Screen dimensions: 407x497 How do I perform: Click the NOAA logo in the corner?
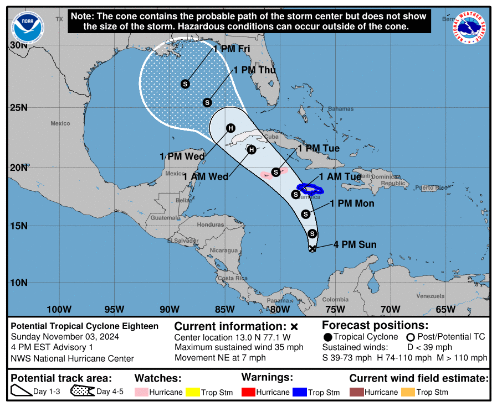(27, 26)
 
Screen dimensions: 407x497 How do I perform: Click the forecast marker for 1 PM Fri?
(185, 84)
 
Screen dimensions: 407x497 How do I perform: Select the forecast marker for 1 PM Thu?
(208, 102)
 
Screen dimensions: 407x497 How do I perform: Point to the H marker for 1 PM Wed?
(230, 128)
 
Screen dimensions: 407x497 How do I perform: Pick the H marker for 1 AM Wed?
(252, 149)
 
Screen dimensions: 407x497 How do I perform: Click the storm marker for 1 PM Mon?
(305, 214)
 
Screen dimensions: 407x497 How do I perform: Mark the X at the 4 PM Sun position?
(312, 249)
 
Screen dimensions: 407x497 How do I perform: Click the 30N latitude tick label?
(18, 45)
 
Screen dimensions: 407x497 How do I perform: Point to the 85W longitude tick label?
(225, 309)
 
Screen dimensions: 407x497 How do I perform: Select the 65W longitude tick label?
(446, 309)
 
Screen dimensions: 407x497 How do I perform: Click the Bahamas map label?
(340, 109)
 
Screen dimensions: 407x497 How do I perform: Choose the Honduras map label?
(210, 225)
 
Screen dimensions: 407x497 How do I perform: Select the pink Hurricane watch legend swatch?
(141, 392)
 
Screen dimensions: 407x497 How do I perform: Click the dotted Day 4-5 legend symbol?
(82, 392)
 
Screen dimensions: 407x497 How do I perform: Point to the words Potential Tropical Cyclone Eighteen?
(85, 326)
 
